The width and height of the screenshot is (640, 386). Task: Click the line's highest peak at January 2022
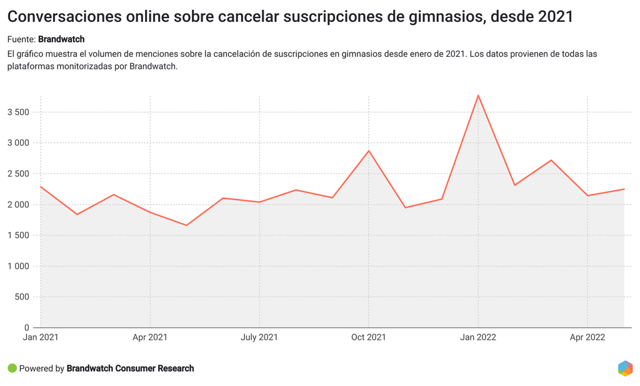pos(478,96)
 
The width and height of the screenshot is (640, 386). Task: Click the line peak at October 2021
pos(369,151)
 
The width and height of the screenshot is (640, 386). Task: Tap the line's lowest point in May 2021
pos(186,225)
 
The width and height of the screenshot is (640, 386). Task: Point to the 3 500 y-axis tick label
pos(18,113)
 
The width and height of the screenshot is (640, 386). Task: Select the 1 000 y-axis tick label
pos(18,267)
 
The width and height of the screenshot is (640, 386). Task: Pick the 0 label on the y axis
pos(27,328)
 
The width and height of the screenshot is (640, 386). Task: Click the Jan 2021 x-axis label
pos(41,338)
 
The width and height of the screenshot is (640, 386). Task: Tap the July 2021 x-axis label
pos(259,338)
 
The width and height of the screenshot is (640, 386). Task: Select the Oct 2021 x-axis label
pos(369,338)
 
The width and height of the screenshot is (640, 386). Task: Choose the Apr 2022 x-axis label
pos(587,338)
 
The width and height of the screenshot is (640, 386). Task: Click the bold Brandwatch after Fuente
pos(61,39)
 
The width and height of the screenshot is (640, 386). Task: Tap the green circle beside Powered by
pos(12,368)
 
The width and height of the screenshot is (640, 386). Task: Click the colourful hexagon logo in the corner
pos(625,368)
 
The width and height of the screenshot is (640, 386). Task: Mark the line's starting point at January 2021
pos(41,186)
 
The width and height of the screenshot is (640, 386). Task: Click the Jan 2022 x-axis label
pos(478,338)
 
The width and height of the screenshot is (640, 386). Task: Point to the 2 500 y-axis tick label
pos(18,174)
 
